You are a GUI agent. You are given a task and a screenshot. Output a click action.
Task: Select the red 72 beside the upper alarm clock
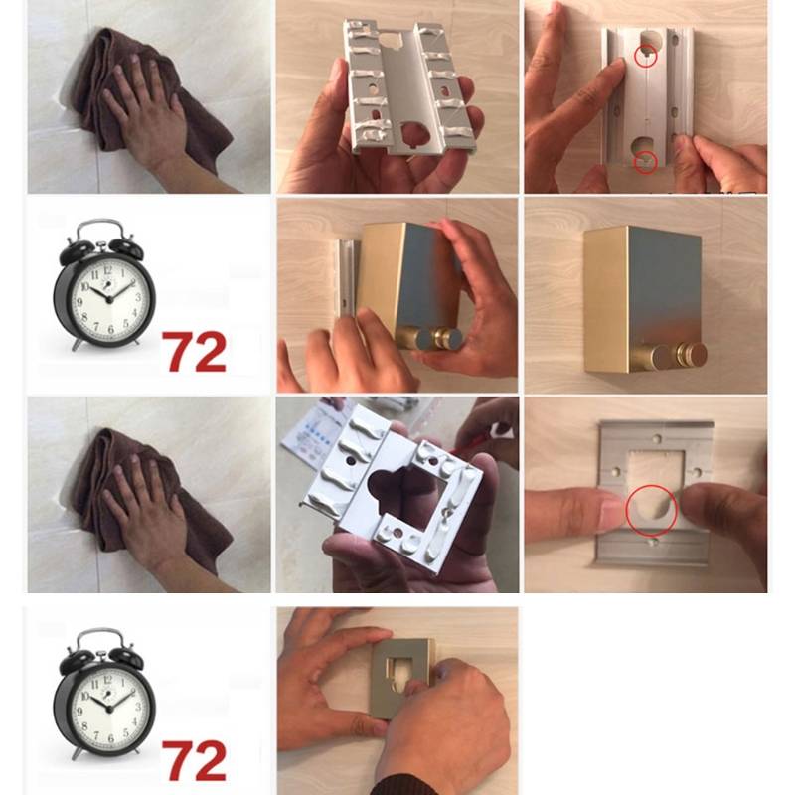pos(194,352)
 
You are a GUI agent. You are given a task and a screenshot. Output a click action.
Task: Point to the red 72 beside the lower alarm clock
pos(194,760)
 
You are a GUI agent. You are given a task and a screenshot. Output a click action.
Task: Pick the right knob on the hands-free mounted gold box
pos(691,354)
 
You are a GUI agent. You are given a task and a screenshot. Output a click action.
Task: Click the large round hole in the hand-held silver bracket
pos(414,134)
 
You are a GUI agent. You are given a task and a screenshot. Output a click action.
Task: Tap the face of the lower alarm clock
pos(109,709)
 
